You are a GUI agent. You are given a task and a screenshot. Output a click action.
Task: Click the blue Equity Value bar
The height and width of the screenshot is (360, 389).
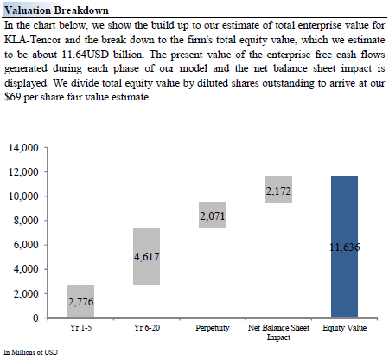(x=344, y=247)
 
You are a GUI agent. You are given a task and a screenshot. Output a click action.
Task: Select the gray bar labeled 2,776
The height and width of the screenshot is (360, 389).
(x=80, y=301)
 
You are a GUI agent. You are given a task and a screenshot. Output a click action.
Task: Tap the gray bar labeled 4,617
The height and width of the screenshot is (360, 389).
(x=146, y=256)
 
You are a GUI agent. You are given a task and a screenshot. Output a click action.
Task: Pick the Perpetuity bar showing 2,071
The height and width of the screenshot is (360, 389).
(x=213, y=215)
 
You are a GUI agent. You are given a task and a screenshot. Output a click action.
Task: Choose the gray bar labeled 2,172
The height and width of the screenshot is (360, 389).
(x=278, y=190)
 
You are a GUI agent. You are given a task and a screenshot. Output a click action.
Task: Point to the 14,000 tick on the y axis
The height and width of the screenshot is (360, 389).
(x=23, y=148)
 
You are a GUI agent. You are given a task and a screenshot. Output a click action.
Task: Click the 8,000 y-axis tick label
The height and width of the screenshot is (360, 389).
(x=26, y=221)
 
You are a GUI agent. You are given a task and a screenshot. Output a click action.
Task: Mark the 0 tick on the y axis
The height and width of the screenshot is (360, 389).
(x=35, y=318)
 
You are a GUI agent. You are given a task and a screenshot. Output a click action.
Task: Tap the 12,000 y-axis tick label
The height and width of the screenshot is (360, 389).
(x=23, y=172)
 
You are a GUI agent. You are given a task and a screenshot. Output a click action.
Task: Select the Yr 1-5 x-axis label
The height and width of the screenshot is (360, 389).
(x=80, y=328)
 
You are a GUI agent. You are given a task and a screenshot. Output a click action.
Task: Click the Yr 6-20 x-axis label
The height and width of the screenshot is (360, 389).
(x=147, y=328)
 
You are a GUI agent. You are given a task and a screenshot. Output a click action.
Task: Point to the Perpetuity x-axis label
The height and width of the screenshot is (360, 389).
(x=213, y=328)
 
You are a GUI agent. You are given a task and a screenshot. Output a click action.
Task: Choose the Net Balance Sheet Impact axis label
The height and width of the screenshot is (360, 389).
(x=278, y=332)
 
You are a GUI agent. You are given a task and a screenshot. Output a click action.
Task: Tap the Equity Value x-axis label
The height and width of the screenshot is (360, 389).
(x=345, y=328)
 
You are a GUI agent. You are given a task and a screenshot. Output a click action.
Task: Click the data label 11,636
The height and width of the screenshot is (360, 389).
(x=345, y=247)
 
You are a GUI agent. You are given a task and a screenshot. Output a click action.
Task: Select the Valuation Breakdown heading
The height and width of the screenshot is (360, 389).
(x=56, y=10)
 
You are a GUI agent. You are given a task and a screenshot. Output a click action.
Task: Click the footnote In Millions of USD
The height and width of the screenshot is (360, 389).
(x=30, y=352)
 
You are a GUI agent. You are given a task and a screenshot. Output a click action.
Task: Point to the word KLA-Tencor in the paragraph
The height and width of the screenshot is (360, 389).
(x=33, y=40)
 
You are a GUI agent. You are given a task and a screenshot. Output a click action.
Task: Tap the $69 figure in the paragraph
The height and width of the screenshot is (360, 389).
(x=13, y=97)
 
